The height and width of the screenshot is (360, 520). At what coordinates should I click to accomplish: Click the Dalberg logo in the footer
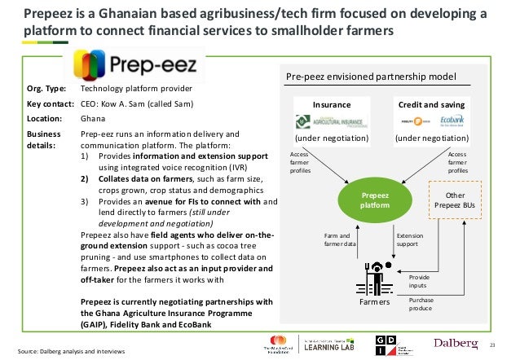456,343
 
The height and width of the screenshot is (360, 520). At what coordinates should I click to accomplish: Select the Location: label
45,118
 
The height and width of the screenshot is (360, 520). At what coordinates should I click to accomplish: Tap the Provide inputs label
420,281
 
